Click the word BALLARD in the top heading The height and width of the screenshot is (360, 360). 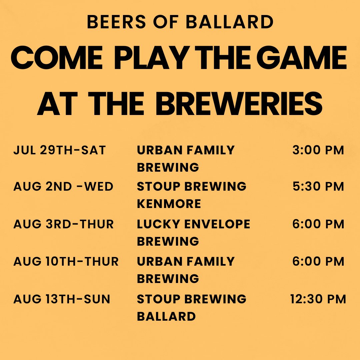[x=229, y=22]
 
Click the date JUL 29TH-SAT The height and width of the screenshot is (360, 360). [x=60, y=150]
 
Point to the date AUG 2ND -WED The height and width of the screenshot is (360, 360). [x=63, y=187]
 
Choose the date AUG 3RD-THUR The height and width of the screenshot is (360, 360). [x=63, y=224]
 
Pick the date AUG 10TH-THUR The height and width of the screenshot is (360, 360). [x=66, y=262]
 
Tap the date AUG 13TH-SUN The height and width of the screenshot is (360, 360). [x=62, y=299]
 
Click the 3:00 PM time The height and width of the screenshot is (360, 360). [x=318, y=150]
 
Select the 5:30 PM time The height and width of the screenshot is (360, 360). [x=318, y=187]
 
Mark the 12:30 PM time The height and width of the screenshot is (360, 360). [x=318, y=299]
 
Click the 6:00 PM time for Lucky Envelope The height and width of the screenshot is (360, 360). [x=318, y=224]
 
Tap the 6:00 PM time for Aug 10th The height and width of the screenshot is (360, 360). [x=318, y=262]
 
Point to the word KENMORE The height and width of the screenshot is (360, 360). [x=169, y=204]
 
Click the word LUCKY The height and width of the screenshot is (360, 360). [x=156, y=224]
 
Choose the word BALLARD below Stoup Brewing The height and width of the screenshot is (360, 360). [x=166, y=316]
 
